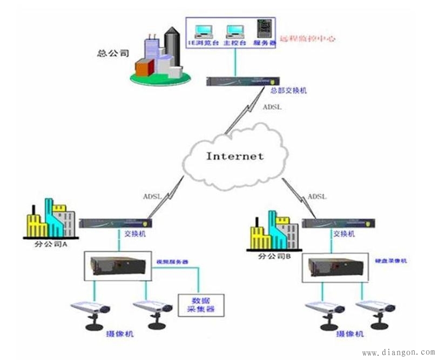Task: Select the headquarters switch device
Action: click(x=238, y=81)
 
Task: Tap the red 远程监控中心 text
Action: click(x=306, y=39)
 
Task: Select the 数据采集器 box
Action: click(x=201, y=305)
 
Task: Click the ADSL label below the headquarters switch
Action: click(x=272, y=107)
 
